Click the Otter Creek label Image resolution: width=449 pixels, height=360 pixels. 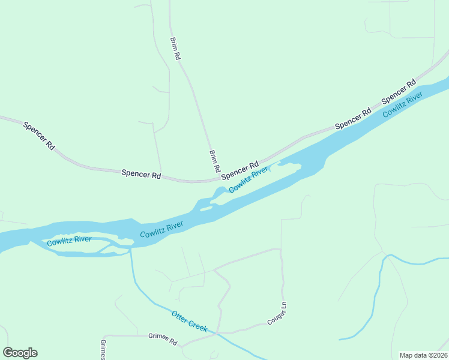(189, 321)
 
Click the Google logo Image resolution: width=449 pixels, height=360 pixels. (20, 353)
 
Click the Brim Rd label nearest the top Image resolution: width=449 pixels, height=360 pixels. (175, 48)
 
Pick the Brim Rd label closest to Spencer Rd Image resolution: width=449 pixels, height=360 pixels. (214, 161)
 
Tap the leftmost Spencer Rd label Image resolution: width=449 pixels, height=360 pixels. (39, 136)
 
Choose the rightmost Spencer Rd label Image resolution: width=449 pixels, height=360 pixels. (399, 91)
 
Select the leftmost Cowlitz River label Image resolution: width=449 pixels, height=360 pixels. (69, 241)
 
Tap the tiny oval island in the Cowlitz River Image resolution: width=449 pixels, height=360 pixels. (206, 209)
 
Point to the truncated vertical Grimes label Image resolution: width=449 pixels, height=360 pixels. (103, 349)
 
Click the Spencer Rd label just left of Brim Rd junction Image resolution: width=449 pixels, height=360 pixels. (141, 175)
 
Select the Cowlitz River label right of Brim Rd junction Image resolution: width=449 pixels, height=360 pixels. (248, 180)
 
